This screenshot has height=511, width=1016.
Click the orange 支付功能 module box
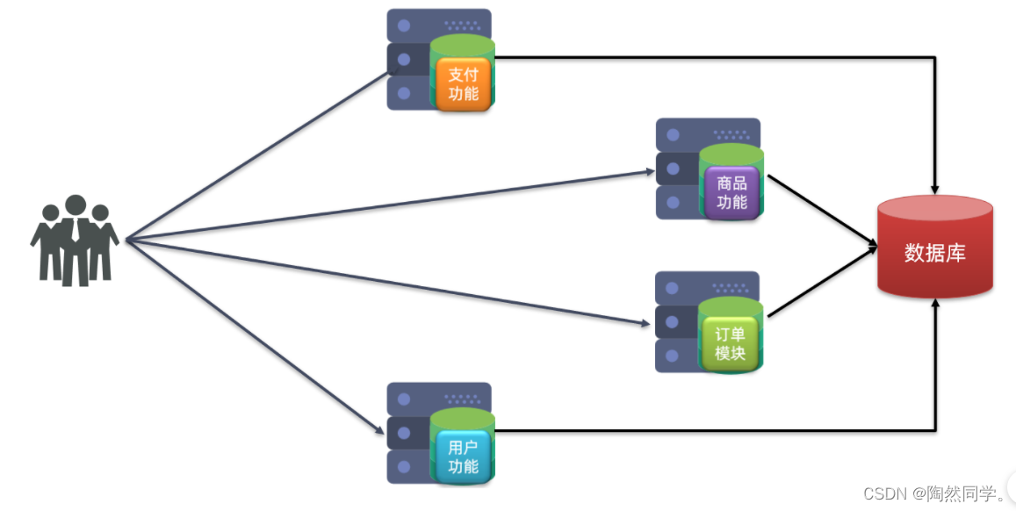point(463,84)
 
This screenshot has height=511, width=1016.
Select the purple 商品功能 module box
point(731,192)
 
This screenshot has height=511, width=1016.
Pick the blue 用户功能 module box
point(463,457)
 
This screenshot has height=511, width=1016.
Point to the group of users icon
point(75,240)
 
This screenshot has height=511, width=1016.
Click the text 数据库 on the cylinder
point(935,254)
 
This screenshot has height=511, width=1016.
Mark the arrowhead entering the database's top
point(936,188)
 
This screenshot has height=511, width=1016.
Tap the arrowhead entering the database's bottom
point(936,304)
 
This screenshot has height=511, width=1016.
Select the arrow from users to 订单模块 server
point(386,283)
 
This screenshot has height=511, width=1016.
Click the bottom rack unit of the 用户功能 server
point(408,466)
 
